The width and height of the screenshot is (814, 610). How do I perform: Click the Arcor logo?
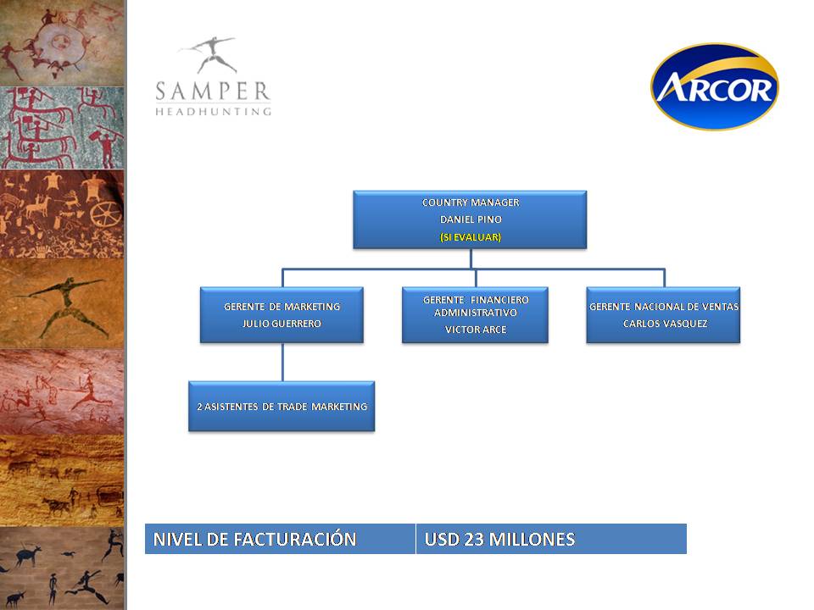(x=714, y=86)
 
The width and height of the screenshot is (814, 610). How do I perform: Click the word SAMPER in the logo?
(x=213, y=91)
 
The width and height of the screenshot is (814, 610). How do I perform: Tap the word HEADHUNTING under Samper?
(x=213, y=112)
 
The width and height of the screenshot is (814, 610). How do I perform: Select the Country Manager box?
(x=470, y=219)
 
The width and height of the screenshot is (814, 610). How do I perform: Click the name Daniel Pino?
(x=471, y=219)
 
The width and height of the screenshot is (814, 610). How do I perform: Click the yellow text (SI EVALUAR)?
(x=471, y=237)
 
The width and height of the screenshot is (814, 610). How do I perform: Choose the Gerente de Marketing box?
(x=282, y=315)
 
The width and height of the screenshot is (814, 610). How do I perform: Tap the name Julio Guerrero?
(x=282, y=324)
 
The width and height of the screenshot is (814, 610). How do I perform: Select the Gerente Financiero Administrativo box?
(x=475, y=315)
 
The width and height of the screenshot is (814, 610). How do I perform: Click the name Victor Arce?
(x=476, y=330)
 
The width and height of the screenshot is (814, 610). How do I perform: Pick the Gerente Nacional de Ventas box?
(x=663, y=315)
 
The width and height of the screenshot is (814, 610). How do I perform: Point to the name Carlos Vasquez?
(x=665, y=324)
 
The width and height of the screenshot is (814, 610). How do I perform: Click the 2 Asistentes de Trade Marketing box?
(x=282, y=406)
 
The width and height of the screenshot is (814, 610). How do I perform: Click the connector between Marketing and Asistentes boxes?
(x=282, y=362)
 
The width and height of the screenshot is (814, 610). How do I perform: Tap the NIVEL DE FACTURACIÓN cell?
(x=281, y=539)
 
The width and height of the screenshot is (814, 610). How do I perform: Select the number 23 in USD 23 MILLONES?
(x=474, y=540)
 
